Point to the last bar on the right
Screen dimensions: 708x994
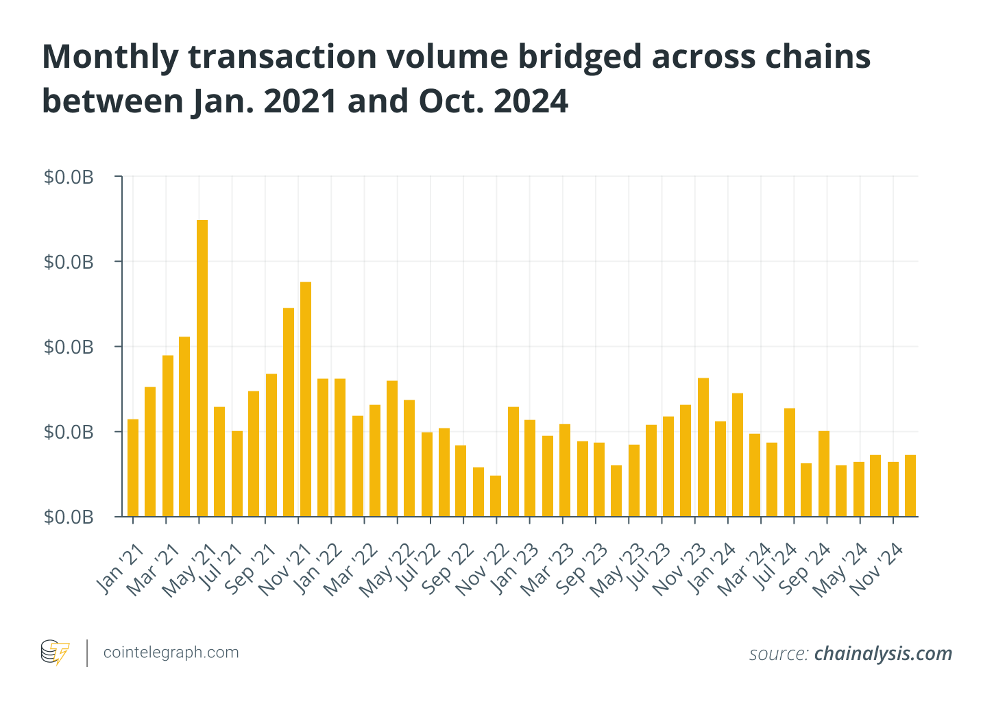pos(910,485)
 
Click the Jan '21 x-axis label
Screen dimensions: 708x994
pos(120,569)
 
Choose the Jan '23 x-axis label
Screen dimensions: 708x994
pos(516,569)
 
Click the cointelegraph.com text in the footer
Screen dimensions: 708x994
pos(171,652)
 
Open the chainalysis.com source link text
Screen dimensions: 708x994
pos(883,654)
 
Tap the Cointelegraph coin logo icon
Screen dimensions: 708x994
pos(55,652)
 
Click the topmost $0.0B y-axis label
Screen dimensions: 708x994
pos(69,178)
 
